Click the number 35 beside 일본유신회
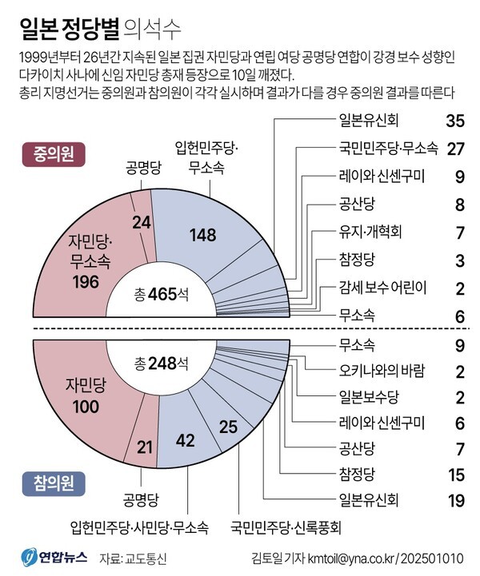(454, 121)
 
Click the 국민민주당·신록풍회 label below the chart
(286, 526)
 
